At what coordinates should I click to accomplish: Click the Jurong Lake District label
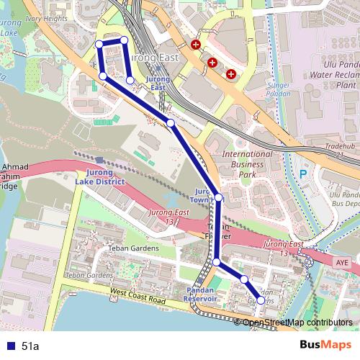tap(99, 178)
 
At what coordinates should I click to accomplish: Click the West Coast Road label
tap(138, 295)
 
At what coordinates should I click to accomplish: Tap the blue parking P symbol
tap(303, 174)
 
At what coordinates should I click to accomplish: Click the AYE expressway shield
tap(341, 264)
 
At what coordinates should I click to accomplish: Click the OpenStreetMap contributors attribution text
tap(297, 323)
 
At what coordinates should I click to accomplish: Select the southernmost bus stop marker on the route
tap(261, 301)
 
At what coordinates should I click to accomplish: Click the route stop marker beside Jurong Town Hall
tap(218, 197)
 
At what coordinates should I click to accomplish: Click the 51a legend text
tap(30, 346)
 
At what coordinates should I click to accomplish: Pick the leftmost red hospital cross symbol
tap(195, 45)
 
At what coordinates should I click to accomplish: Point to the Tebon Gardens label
tap(89, 276)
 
